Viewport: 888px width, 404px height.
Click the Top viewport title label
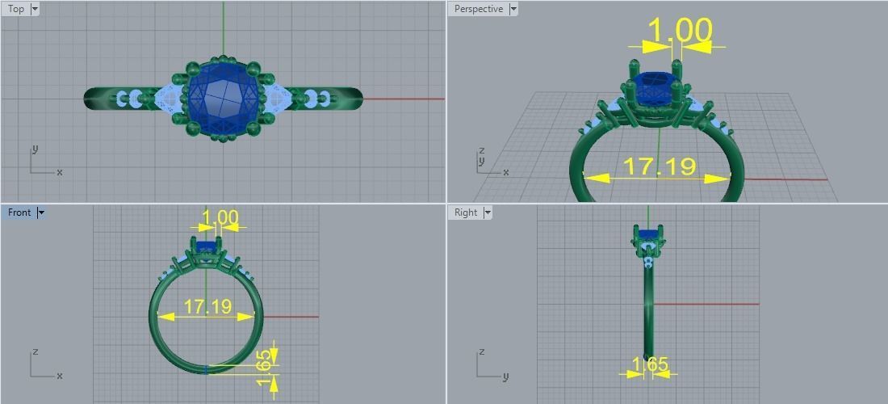tap(15, 9)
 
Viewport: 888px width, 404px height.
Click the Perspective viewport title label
tap(478, 9)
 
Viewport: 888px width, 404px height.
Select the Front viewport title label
tap(19, 213)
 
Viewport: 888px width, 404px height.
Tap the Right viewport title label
tap(466, 213)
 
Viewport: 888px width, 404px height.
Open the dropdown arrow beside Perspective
tap(513, 9)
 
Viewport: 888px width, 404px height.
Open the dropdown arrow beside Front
tap(41, 213)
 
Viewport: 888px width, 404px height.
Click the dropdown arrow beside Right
tap(488, 213)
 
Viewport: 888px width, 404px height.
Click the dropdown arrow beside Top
tap(34, 9)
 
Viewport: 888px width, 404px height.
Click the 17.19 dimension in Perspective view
tap(660, 167)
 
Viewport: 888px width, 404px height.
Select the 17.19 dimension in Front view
tap(207, 307)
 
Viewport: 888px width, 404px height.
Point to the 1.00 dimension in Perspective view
tap(680, 31)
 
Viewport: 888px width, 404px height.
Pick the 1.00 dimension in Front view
tap(220, 218)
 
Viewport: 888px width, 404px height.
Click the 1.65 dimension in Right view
tap(650, 365)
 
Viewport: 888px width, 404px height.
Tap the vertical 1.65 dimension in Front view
tap(265, 368)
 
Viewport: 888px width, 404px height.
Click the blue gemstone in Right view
tap(648, 235)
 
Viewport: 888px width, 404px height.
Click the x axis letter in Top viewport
tap(60, 172)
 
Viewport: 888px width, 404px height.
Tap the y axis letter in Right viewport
tap(505, 377)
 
